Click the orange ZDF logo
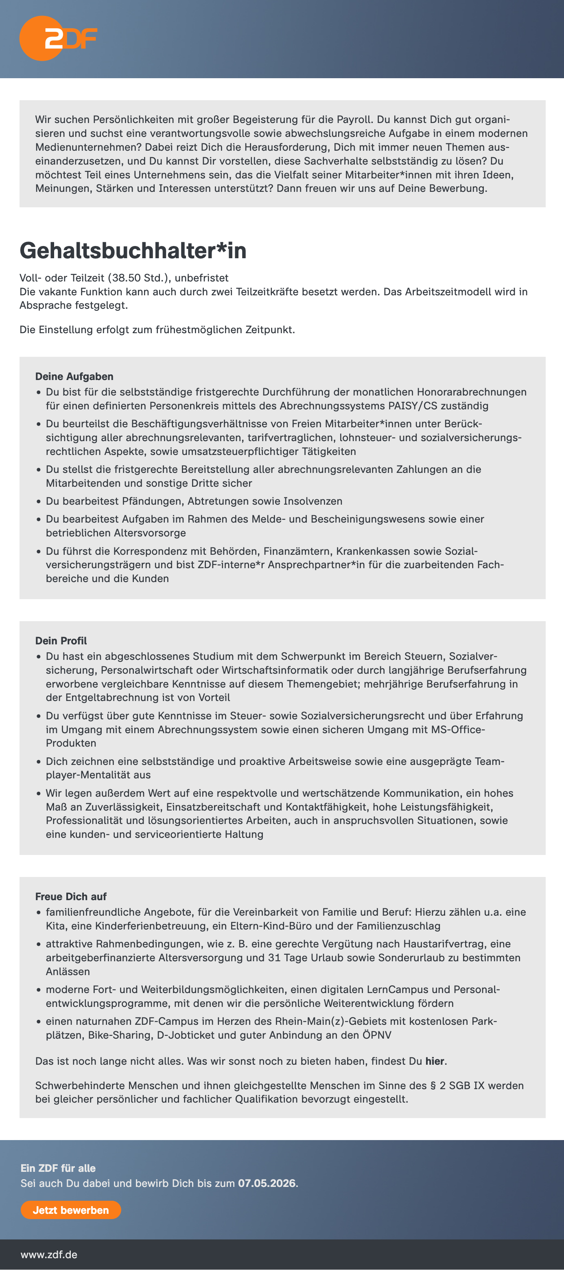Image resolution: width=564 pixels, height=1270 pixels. pos(58,38)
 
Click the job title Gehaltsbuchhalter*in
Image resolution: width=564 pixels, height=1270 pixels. pos(133,250)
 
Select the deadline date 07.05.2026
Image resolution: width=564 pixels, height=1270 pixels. pos(267,1183)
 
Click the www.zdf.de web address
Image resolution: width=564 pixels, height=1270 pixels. pos(49,1254)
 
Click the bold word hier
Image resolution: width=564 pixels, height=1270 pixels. pos(435,1061)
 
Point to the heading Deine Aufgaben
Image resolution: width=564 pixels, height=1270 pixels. pos(74,377)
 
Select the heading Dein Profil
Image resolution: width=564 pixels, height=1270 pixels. pos(61,641)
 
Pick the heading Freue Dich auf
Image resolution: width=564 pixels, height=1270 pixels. pos(70,896)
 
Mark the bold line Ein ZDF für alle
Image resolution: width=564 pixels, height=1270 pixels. pos(58,1168)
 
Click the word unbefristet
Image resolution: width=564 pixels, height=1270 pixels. pos(201,277)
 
